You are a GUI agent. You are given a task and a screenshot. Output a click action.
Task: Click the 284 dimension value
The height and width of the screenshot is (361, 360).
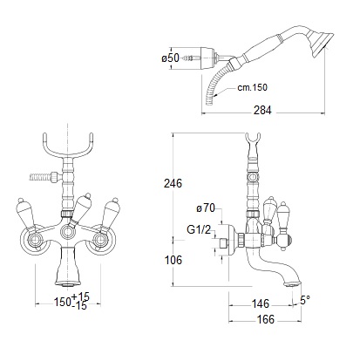[x=262, y=110]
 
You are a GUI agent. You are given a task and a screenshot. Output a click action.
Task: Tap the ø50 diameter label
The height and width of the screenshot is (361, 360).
[x=171, y=58]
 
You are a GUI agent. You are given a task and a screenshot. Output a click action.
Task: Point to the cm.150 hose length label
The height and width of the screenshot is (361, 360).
[x=252, y=87]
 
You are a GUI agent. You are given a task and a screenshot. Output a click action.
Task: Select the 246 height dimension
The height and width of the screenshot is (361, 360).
[x=173, y=183]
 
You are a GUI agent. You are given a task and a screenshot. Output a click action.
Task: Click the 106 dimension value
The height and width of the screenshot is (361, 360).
[x=173, y=260]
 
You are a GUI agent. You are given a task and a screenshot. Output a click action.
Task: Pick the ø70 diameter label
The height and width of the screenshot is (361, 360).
[x=206, y=208]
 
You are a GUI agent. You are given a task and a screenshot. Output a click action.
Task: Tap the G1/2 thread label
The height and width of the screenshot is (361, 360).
[x=199, y=230]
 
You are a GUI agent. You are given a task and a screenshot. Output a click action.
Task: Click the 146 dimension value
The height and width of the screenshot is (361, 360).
[x=261, y=303]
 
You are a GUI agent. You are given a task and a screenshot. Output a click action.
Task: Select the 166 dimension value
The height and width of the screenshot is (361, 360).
[x=266, y=319]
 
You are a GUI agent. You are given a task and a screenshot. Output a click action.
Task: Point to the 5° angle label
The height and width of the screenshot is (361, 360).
[x=305, y=300]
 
